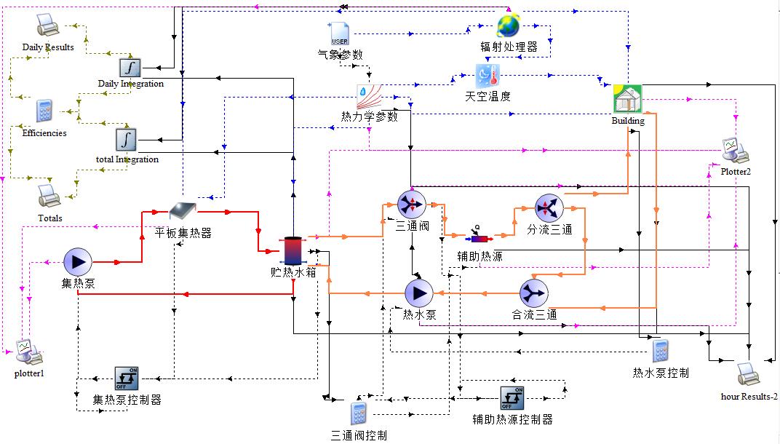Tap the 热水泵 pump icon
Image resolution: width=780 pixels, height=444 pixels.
418,293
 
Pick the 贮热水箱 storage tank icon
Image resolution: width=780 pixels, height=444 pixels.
293,250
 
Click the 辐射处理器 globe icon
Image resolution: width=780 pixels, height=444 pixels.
509,26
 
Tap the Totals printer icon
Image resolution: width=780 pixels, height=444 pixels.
49,196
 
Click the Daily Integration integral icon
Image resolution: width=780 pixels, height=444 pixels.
130,68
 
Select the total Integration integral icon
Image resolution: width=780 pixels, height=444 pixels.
127,138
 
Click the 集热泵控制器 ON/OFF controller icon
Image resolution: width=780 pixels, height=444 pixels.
127,378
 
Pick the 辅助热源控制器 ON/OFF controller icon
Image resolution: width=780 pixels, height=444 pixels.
512,397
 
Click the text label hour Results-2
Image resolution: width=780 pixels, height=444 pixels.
749,397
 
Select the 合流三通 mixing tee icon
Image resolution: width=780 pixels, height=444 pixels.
533,293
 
